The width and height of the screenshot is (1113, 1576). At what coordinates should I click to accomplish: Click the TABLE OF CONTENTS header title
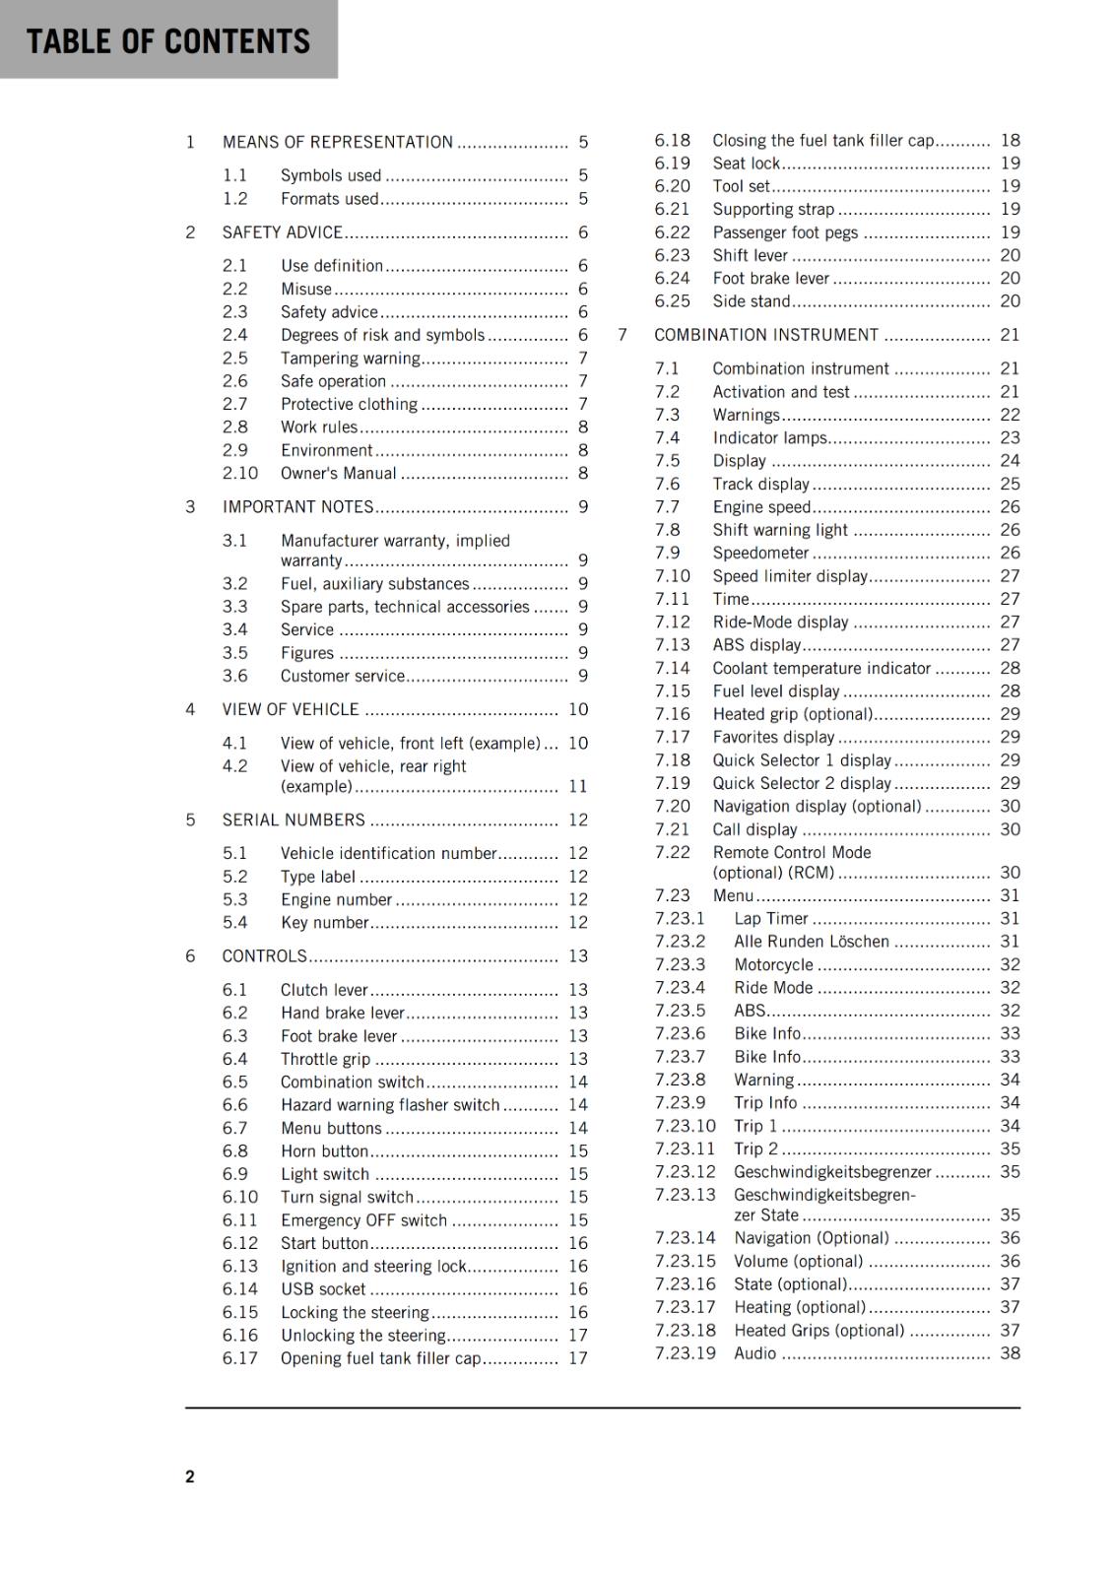coord(168,41)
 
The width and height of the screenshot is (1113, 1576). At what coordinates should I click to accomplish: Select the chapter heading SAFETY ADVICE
coord(282,232)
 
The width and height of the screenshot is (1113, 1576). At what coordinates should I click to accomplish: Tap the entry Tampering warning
coord(350,359)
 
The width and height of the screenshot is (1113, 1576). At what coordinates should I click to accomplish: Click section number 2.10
coord(239,474)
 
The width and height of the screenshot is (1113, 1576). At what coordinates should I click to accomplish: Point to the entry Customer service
coord(342,677)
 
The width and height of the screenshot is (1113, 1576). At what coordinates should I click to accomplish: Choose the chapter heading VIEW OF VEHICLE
coord(291,710)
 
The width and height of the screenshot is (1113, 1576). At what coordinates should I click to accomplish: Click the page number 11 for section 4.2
coord(577,787)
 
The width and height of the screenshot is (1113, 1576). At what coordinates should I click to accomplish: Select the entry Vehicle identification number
coord(388,854)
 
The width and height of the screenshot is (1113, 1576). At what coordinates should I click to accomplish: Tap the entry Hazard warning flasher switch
coord(390,1105)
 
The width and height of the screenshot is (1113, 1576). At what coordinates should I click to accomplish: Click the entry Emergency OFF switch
coord(363,1220)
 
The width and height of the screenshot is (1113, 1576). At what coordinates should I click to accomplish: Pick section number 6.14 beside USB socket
coord(239,1289)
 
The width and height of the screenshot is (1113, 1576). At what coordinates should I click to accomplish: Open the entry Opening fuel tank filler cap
coord(380,1358)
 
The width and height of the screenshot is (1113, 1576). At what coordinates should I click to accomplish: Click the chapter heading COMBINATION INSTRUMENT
coord(765,335)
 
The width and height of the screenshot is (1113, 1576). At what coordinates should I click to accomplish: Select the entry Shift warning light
coord(780,530)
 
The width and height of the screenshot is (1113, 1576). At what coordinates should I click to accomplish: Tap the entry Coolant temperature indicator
coord(821,669)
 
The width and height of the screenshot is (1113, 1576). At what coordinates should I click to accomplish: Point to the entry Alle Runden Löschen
coord(812,942)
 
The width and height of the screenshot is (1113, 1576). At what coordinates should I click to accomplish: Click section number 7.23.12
coord(685,1172)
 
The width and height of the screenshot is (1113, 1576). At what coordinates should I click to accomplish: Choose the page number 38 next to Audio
coord(1010,1353)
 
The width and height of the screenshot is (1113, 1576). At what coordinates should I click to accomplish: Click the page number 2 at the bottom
coord(190,1476)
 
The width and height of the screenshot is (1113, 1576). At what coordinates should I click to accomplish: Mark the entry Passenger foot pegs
coord(785,232)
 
